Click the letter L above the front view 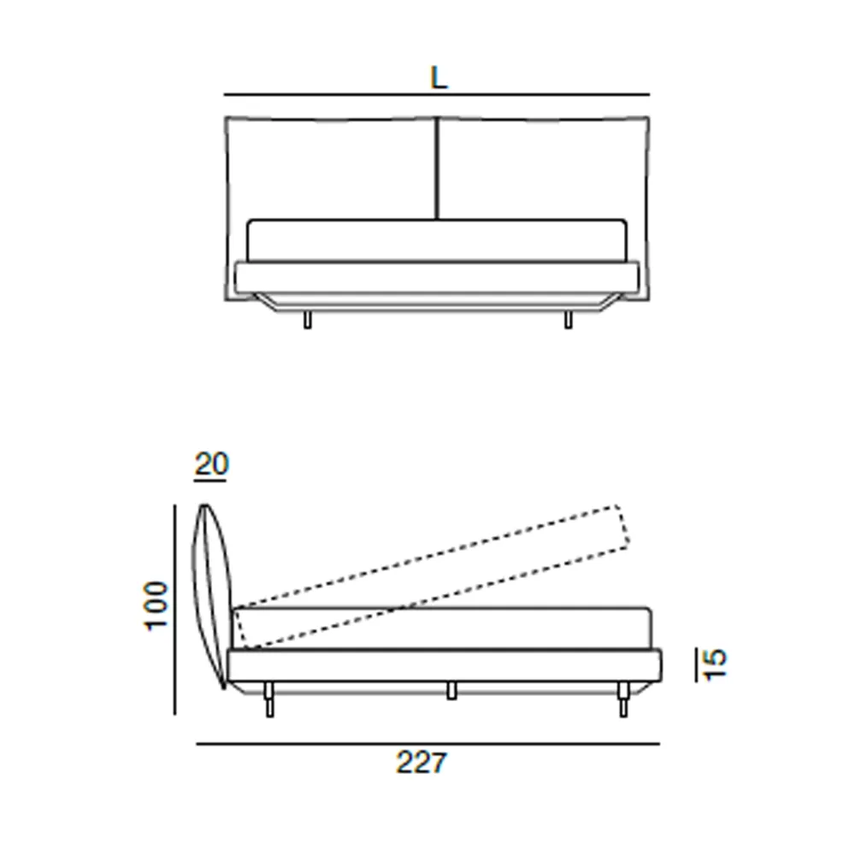pos(439,78)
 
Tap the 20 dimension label pos(211,464)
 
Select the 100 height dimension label pos(156,606)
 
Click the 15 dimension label pos(715,664)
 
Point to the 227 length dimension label pos(421,763)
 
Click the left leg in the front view pos(308,320)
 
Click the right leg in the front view pos(569,320)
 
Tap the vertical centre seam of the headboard pos(437,168)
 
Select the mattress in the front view pos(437,240)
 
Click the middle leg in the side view pos(451,691)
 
